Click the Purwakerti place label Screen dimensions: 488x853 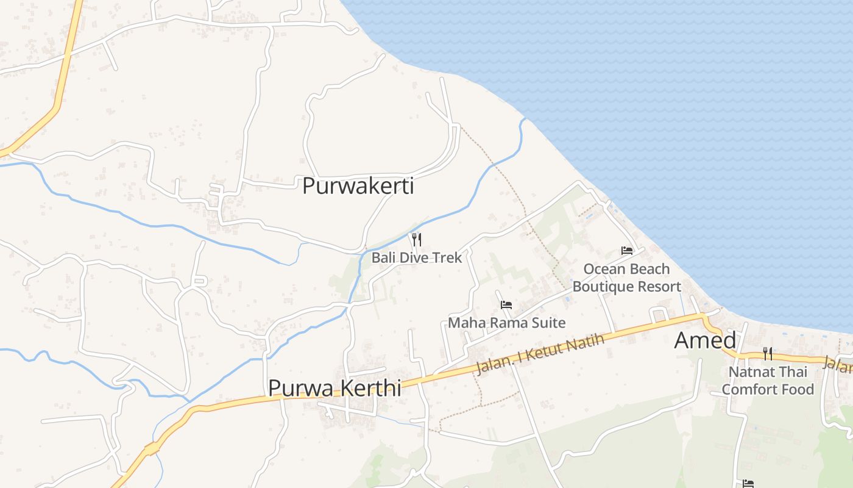coord(358,186)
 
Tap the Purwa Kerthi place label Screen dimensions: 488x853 coord(334,388)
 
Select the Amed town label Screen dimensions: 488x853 coord(705,340)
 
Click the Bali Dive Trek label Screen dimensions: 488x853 coord(417,257)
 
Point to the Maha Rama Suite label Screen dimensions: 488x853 coord(506,323)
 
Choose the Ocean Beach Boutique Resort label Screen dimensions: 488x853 coord(626,278)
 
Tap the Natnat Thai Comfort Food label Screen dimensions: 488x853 coord(767,380)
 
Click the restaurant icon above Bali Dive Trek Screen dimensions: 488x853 coord(417,239)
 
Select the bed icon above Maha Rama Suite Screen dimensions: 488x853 coord(506,305)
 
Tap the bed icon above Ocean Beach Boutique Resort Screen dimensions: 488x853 coord(626,251)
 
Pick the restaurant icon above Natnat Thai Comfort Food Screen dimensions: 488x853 coord(767,353)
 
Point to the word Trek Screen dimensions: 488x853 coord(448,257)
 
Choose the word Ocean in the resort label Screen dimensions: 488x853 coord(604,269)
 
